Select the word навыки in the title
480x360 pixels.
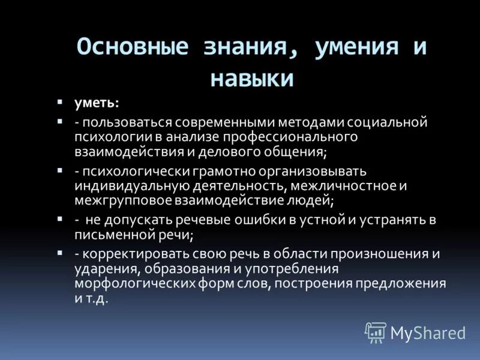point(252,79)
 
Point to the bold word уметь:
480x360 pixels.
point(97,103)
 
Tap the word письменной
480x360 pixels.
point(112,234)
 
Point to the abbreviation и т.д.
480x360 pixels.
point(92,298)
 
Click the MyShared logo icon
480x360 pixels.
point(376,332)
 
